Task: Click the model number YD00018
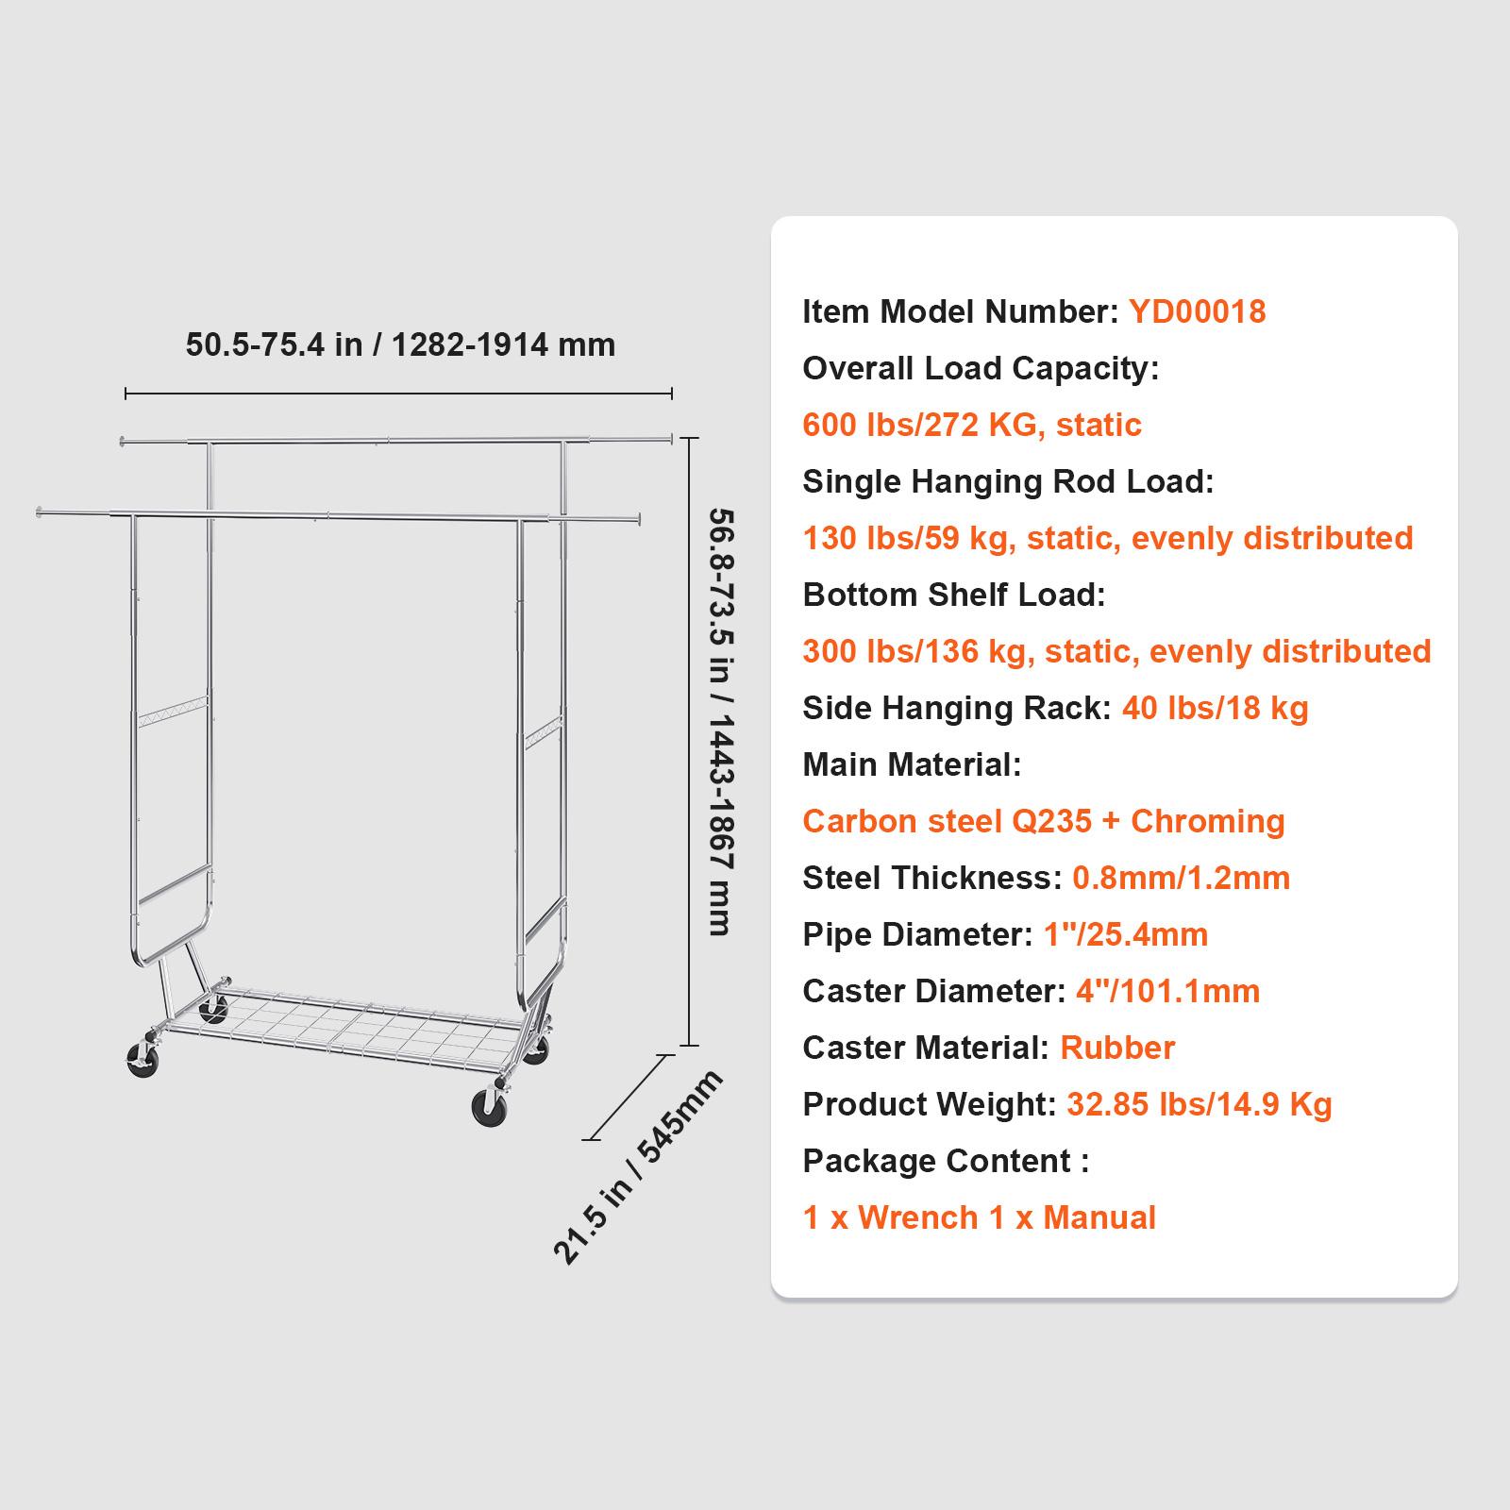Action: coord(1197,311)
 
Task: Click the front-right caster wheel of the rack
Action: coord(489,1106)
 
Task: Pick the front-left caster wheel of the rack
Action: coord(143,1059)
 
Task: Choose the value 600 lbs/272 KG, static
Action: coord(972,425)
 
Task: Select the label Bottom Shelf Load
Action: coord(953,595)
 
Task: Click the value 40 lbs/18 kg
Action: coord(1215,708)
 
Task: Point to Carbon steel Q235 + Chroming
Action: coord(1043,821)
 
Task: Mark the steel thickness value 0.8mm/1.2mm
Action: coord(1181,878)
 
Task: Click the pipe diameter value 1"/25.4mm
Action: coord(1125,934)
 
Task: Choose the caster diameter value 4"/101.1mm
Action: coord(1167,991)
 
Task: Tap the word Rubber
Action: coord(1117,1048)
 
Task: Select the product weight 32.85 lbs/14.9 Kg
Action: coord(1199,1104)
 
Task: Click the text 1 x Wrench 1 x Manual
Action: coord(979,1217)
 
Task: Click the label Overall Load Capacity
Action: coord(981,368)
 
